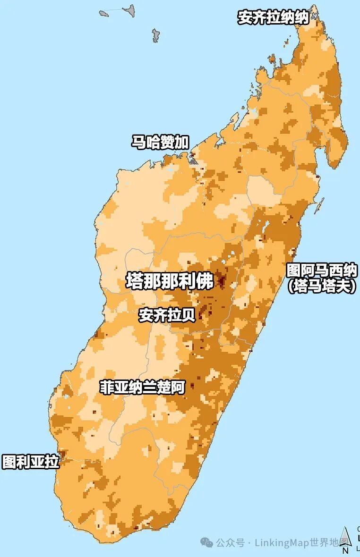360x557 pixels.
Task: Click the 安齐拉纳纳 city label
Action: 273,18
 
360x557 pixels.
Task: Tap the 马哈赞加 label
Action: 160,142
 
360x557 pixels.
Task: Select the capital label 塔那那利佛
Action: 170,281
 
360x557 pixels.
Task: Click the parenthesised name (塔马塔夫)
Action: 322,286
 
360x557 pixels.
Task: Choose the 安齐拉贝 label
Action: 167,315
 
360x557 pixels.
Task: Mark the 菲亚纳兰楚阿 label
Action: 142,388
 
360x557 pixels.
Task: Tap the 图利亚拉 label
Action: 31,461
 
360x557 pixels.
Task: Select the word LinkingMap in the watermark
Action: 282,543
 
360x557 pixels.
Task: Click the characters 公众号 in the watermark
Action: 231,543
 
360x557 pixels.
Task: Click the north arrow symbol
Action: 345,536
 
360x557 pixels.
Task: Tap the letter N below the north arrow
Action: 345,550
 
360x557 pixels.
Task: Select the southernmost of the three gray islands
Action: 155,35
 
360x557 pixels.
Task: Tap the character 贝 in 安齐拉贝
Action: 189,315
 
